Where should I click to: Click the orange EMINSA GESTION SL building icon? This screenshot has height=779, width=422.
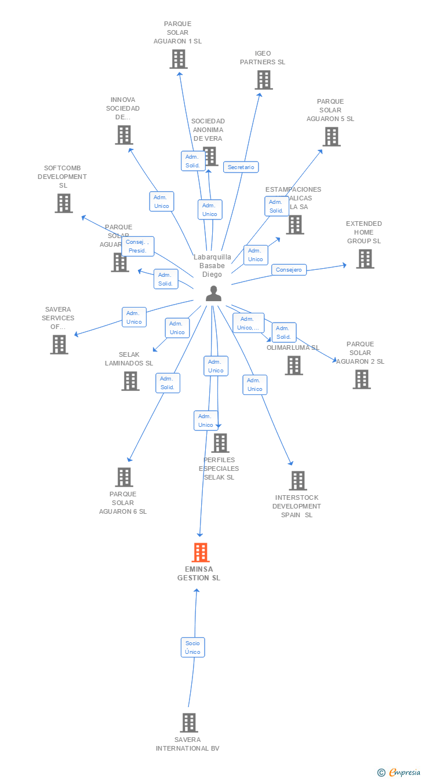[201, 553]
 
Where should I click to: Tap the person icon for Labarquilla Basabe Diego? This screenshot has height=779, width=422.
[213, 294]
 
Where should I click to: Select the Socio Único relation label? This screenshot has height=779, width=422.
[192, 648]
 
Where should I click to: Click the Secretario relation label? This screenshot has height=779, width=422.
[241, 167]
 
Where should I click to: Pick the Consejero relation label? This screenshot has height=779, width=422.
[289, 270]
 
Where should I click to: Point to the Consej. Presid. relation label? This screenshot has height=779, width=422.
[138, 246]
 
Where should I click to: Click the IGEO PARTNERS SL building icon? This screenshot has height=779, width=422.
[264, 80]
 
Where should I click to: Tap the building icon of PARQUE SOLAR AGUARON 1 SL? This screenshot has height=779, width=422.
[179, 59]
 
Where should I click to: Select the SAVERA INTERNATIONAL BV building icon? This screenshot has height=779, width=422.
[189, 723]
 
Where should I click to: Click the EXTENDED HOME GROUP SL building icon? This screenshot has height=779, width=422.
[365, 259]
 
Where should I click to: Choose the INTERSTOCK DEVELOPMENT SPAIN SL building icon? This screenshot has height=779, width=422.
[298, 481]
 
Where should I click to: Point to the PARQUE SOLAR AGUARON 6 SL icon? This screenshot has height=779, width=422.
[124, 477]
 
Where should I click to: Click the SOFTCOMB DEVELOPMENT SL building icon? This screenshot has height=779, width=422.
[64, 203]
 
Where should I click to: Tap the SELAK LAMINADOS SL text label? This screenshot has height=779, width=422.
[129, 359]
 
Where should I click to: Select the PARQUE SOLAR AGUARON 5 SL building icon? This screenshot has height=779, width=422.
[332, 137]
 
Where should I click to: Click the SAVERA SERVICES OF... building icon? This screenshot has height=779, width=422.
[59, 345]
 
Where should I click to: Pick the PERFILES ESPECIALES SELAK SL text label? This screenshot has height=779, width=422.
[219, 469]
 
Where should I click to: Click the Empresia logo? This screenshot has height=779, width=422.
[399, 772]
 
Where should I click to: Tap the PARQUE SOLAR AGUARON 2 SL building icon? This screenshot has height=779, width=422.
[362, 379]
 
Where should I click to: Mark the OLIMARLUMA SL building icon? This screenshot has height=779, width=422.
[294, 365]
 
